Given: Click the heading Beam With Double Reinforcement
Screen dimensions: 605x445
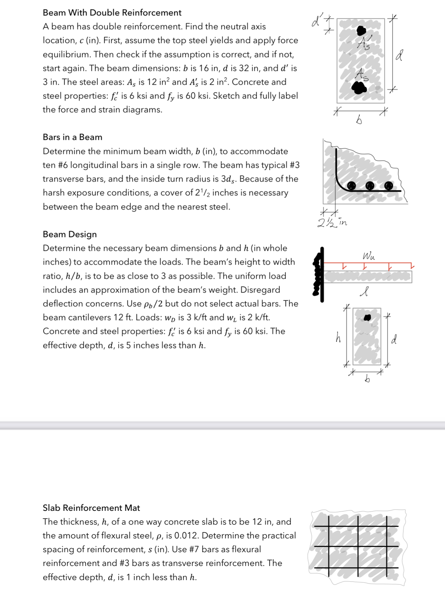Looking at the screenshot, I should click(x=112, y=13).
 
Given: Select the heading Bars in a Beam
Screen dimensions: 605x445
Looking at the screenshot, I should click(x=72, y=137).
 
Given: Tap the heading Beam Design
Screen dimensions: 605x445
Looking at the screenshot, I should click(x=70, y=234).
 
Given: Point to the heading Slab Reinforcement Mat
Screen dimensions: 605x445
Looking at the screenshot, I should click(x=91, y=508).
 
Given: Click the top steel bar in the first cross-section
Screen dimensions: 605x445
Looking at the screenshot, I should click(x=361, y=31).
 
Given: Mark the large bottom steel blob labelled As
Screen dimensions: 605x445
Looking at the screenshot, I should click(x=359, y=88).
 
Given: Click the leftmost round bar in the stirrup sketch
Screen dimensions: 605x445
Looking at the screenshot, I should click(x=351, y=186).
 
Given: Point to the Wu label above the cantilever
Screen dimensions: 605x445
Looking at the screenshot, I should click(x=369, y=256).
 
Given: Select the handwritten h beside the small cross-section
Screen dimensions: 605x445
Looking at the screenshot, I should click(x=338, y=337).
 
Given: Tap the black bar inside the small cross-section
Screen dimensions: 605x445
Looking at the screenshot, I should click(x=367, y=317).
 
